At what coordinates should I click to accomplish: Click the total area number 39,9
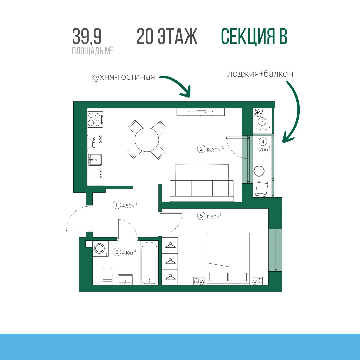tap(87, 36)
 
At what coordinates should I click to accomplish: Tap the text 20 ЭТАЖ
tap(167, 36)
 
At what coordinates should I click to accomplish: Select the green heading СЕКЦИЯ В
tap(254, 37)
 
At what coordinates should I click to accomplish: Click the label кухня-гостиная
tap(123, 77)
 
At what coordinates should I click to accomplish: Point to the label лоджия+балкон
tap(260, 74)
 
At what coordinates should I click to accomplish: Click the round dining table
tap(147, 139)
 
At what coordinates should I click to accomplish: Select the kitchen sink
tap(95, 160)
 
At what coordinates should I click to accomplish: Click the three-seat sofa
tap(202, 191)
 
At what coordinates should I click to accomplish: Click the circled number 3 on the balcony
tap(262, 121)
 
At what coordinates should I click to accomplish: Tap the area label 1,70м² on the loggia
tap(264, 149)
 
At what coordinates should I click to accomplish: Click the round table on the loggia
tap(259, 171)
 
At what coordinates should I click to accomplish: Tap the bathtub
tap(149, 263)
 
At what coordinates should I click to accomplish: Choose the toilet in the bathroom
tap(107, 276)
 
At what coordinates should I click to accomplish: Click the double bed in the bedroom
tap(228, 259)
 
